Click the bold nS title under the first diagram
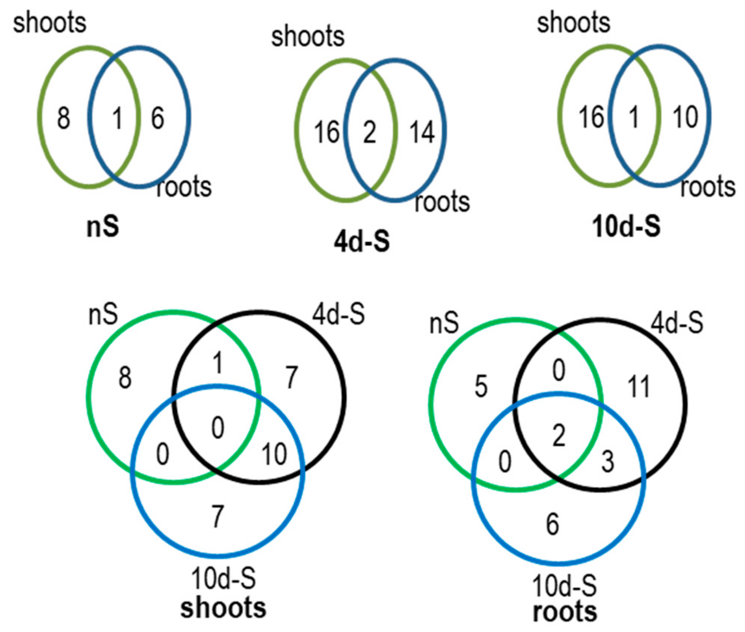[x=103, y=227]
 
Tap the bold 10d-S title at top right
[x=626, y=226]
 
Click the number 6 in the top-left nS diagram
[x=158, y=118]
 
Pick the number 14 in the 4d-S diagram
[x=422, y=132]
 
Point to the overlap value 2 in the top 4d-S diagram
[x=370, y=132]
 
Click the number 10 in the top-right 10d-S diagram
[x=685, y=117]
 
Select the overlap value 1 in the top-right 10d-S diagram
[x=634, y=117]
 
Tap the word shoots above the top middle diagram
[x=308, y=37]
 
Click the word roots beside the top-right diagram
[x=708, y=187]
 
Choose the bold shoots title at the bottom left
[x=223, y=608]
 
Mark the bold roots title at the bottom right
[x=565, y=612]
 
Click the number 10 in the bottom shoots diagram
[x=274, y=454]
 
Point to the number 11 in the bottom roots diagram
[x=639, y=386]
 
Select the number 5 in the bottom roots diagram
[x=481, y=386]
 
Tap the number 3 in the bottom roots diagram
[x=608, y=462]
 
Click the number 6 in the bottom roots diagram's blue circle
[x=552, y=524]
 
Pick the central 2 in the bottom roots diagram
[x=559, y=435]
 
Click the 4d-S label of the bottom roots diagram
[x=677, y=323]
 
